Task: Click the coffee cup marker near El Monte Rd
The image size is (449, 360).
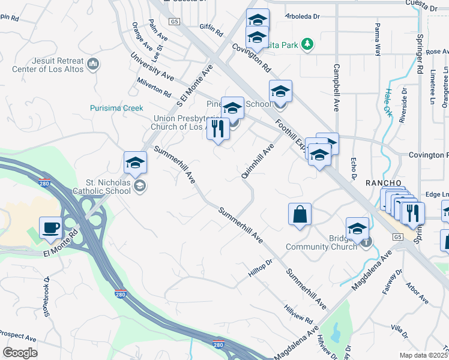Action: coord(51,228)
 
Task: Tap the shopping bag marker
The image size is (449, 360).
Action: coord(300,214)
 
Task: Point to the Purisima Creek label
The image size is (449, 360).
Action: coord(116,108)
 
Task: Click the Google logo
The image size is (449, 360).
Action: coord(20,352)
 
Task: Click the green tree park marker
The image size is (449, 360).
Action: coord(307,44)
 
